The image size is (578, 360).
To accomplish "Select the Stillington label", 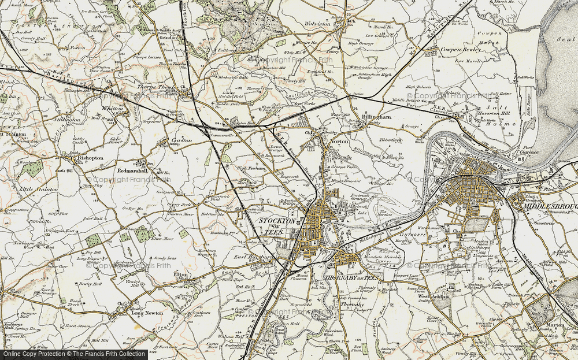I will click(66, 120).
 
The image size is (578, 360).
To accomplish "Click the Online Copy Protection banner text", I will click(73, 354).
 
